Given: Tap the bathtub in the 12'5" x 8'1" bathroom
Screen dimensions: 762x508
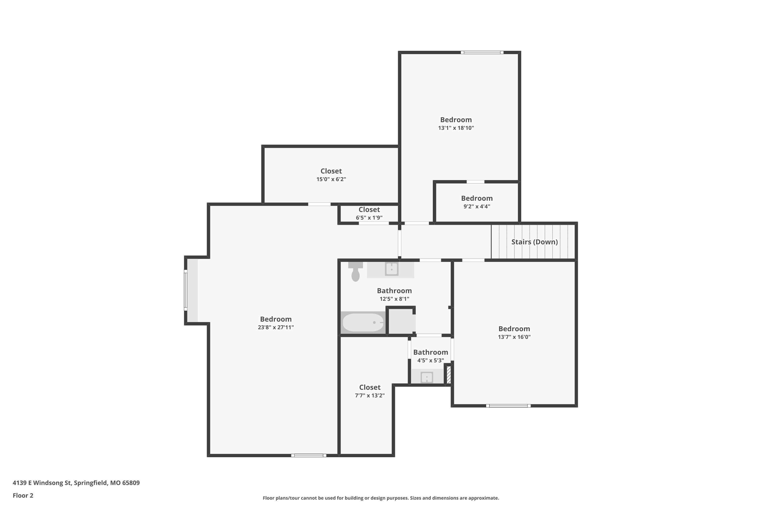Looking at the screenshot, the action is pos(363,322).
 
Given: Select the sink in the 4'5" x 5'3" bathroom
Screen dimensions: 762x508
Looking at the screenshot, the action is pos(427,377).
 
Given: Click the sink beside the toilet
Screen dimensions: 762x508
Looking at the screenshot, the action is pos(391,269).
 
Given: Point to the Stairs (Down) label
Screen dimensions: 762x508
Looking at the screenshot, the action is pos(535,242).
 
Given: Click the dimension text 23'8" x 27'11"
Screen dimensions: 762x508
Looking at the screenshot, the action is pos(276,327).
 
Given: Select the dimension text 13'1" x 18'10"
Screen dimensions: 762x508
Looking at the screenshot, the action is pos(456,128).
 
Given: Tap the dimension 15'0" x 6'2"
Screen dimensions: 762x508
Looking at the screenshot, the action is pos(331,179).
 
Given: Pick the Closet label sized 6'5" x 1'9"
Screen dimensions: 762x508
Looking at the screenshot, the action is pos(369,210).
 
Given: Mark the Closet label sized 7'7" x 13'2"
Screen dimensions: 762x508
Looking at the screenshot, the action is pos(370,387).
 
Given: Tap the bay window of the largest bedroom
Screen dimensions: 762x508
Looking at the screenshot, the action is pos(186,290).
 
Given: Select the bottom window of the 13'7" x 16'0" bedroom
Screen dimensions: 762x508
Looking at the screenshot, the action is pos(508,406).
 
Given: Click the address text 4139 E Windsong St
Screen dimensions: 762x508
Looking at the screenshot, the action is pos(42,483).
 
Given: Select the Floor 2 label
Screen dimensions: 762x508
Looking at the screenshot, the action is pos(23,495).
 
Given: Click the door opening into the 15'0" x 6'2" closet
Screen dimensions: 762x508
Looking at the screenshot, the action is pos(319,204).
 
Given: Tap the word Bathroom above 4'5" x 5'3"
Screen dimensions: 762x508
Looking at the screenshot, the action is pos(431,352).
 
